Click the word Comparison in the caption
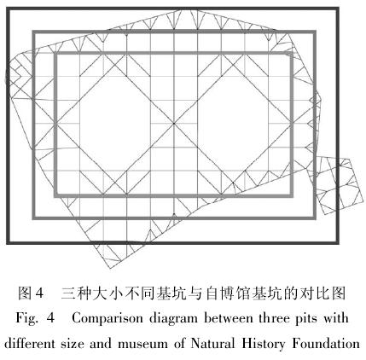pos(107,319)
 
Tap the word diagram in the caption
pos(173,319)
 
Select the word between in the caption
pos(229,318)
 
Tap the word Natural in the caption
pos(212,343)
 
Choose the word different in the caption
pos(30,343)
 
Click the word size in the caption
pos(73,344)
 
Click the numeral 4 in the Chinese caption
pos(39,293)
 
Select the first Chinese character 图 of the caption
pos(25,293)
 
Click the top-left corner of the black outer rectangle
pos(8,9)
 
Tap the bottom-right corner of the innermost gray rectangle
pos(292,195)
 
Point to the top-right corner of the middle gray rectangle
pos(315,32)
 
